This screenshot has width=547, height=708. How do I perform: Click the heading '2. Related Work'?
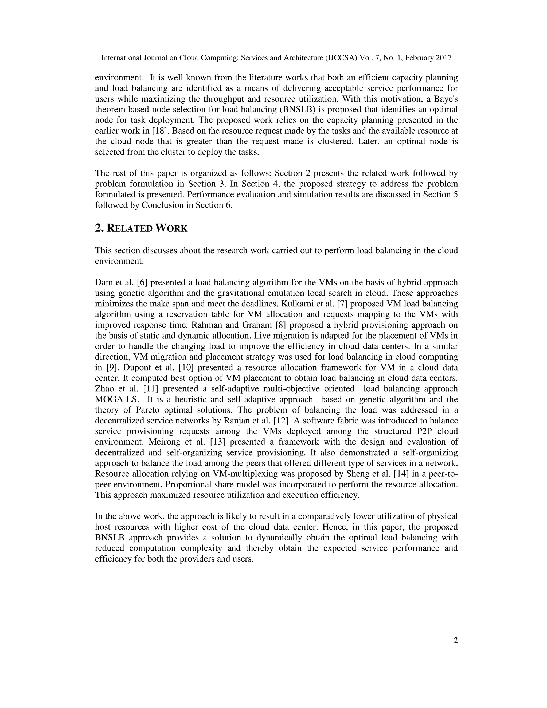pyautogui.click(x=141, y=228)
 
